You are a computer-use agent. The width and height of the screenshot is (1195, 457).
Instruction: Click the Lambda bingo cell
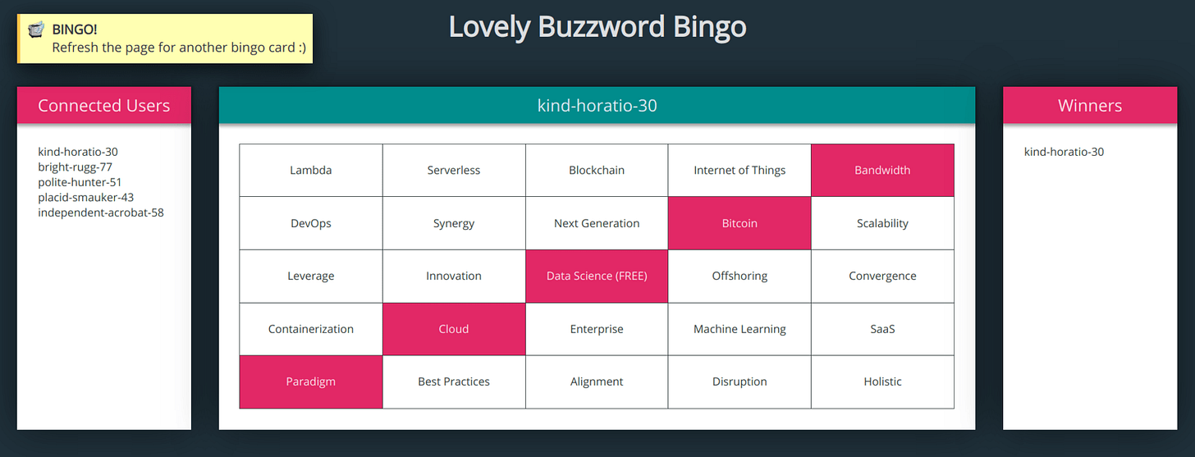coord(310,171)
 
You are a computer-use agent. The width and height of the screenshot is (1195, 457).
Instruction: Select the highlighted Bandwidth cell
coord(882,171)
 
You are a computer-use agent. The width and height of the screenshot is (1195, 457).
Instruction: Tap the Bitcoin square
coord(739,223)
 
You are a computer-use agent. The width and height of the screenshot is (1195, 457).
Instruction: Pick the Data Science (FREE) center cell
coord(597,276)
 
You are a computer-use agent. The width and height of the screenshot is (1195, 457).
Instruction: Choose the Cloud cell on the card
coord(453,329)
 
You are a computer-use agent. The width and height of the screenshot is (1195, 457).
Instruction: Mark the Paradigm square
coord(310,382)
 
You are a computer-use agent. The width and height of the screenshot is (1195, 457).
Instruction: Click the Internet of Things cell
coord(739,171)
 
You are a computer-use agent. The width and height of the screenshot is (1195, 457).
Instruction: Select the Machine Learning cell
coord(739,329)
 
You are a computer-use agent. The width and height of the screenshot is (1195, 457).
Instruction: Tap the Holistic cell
coord(882,382)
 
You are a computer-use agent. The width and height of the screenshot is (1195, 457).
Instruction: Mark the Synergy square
coord(453,223)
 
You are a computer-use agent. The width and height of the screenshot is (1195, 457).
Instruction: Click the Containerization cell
coord(310,329)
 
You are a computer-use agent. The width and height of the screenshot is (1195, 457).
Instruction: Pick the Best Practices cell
coord(453,382)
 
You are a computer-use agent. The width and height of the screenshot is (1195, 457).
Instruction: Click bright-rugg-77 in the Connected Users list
coord(75,167)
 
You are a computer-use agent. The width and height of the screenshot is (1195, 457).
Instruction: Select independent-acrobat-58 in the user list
coord(101,213)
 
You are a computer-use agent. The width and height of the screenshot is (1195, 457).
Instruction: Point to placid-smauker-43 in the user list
coord(85,197)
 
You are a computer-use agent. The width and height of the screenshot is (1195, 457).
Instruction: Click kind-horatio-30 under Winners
coord(1064,152)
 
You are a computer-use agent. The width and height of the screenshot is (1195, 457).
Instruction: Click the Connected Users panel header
coord(104,105)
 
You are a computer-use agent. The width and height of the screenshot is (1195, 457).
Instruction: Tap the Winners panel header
coord(1089,105)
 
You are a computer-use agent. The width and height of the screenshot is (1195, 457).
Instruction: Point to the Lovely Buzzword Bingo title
coord(597,27)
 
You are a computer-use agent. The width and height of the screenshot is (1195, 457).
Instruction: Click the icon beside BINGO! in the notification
coord(35,30)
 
